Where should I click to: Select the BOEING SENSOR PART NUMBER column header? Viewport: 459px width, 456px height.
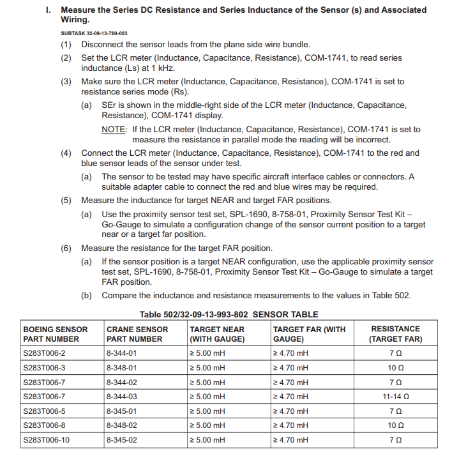pos(55,334)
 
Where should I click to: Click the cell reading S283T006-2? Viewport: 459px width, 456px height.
pos(44,353)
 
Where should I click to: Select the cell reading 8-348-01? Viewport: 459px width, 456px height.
pos(122,368)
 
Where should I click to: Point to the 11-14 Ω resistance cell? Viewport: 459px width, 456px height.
pos(396,397)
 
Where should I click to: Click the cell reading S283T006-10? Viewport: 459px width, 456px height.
pos(46,440)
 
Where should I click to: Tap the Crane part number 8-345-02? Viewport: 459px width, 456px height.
pos(122,440)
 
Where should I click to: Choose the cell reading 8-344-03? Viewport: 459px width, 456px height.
pos(122,397)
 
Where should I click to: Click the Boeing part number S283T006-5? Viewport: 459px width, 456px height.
pos(44,411)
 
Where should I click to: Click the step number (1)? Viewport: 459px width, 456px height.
pos(66,45)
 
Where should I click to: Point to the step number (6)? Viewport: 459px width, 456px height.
pos(66,248)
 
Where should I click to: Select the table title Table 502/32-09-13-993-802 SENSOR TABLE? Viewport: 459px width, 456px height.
pos(229,314)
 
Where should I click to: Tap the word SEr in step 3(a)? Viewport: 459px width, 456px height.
pos(109,105)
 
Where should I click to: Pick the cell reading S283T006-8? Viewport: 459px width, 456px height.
pos(44,425)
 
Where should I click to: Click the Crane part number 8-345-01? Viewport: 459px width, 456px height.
pos(122,411)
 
